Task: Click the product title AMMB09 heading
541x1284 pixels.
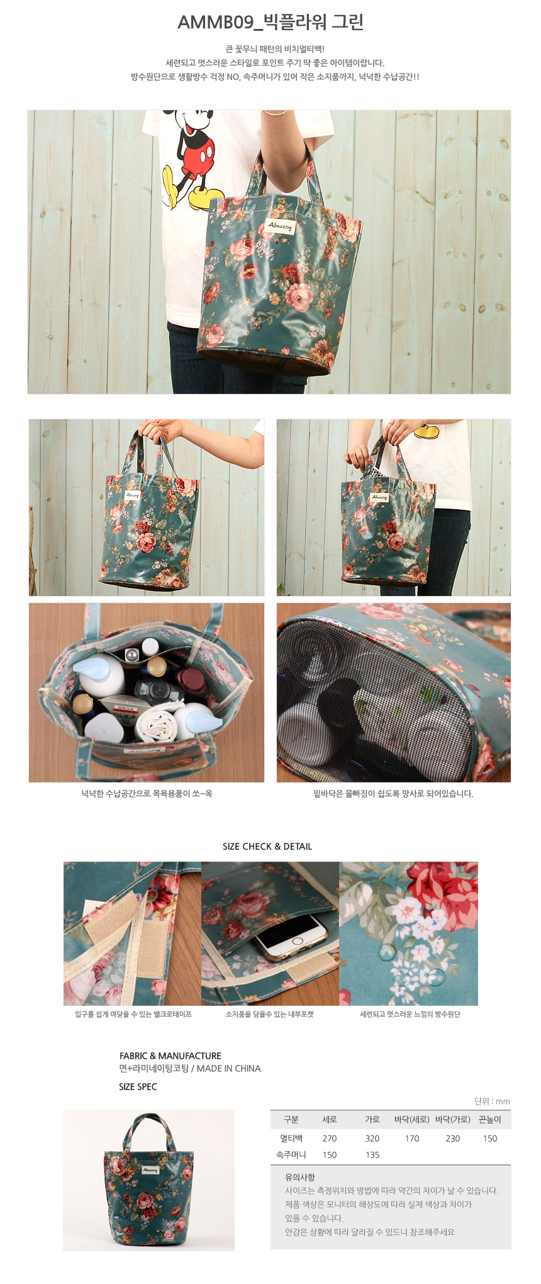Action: [x=270, y=23]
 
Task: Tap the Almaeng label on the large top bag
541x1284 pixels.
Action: [x=280, y=225]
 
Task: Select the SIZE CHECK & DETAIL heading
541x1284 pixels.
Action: [x=267, y=847]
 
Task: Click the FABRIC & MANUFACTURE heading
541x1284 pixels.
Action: [x=170, y=1056]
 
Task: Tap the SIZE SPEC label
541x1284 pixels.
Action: [x=138, y=1086]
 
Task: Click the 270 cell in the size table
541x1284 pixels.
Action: [x=330, y=1138]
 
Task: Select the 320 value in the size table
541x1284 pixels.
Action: [x=372, y=1138]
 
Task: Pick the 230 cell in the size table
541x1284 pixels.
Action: [x=453, y=1138]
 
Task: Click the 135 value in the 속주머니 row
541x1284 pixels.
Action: [x=372, y=1154]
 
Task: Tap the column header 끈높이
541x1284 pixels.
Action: [x=490, y=1119]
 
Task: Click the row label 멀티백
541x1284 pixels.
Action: [x=291, y=1138]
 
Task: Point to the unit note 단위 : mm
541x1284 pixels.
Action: [x=493, y=1101]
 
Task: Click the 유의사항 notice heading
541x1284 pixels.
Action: [x=300, y=1177]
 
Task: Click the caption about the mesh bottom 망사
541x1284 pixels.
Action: [x=393, y=794]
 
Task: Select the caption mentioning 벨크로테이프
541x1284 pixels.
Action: [x=133, y=1014]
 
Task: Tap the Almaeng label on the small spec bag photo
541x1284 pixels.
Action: [x=150, y=1169]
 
